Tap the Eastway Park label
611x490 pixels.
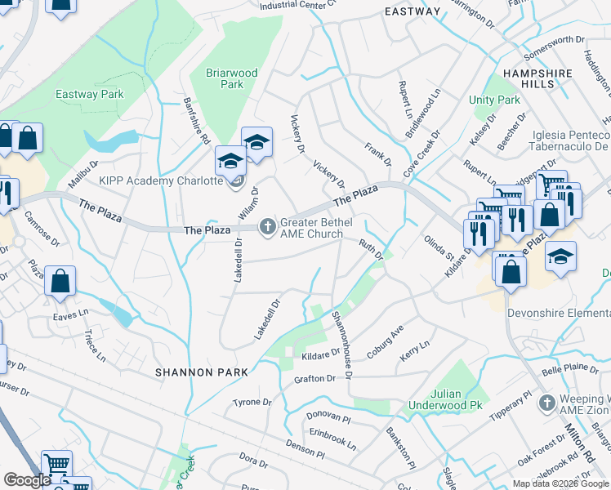pos(89,94)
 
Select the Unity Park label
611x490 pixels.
pos(494,100)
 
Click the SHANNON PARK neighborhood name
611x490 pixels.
pos(202,372)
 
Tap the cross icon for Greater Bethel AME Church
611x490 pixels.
pos(267,226)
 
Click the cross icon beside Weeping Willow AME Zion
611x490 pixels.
pos(547,403)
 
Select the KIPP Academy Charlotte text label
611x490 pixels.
pos(161,180)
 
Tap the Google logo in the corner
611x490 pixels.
pos(28,480)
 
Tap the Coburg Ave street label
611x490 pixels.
pos(385,336)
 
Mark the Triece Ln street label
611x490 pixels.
pos(95,346)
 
